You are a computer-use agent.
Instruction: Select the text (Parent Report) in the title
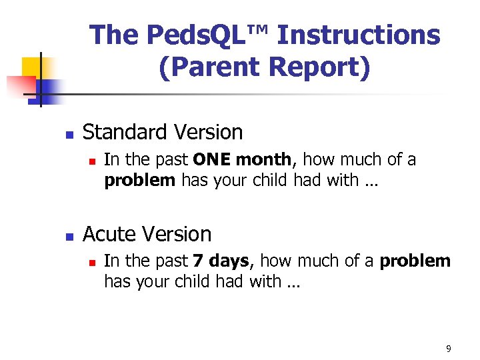[264, 67]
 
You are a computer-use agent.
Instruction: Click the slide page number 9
[448, 349]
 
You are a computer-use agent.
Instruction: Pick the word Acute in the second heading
[109, 234]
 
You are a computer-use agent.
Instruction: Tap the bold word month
[264, 160]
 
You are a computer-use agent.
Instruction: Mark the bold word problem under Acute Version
[415, 261]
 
